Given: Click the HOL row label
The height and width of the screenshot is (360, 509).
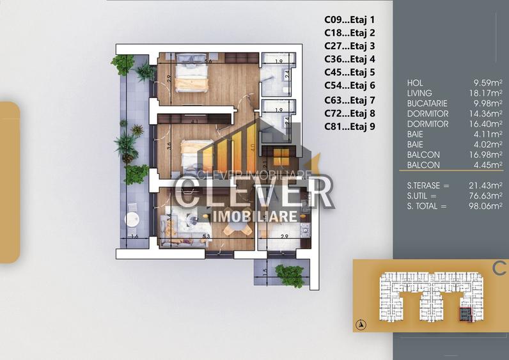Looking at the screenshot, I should (x=415, y=83).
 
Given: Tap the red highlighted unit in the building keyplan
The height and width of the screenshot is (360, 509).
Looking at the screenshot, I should (x=465, y=314).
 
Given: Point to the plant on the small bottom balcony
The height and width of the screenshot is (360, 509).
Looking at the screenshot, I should (x=289, y=274).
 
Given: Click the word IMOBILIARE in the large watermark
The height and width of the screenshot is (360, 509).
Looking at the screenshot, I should (x=254, y=217).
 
